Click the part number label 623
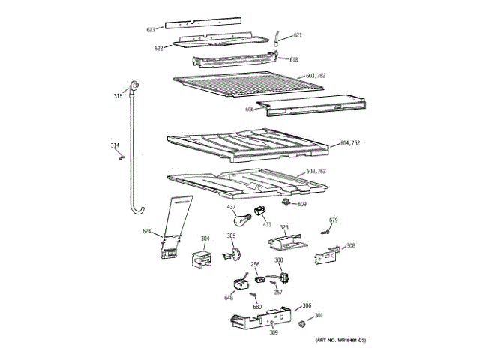pos(150,30)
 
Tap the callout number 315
pos(118,96)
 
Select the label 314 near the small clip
pos(115,145)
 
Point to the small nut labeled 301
pos(301,324)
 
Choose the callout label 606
pos(249,109)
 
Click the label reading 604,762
pos(351,142)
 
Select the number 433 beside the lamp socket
pos(267,224)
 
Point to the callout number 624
pos(147,231)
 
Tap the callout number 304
pos(205,239)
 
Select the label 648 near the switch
pos(228,298)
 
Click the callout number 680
pos(256,307)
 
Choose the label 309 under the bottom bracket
pos(274,332)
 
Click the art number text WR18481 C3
pos(340,341)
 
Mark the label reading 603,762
pos(316,75)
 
